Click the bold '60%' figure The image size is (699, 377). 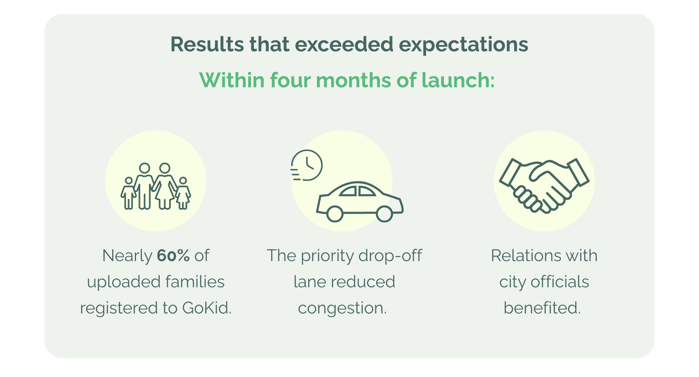(173, 256)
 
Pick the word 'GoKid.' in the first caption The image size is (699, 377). (207, 308)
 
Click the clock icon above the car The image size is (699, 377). (307, 165)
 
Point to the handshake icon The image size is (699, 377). (544, 185)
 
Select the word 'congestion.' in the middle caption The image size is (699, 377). (342, 308)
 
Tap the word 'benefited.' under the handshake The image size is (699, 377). (542, 308)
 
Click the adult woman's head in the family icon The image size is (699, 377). (165, 168)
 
